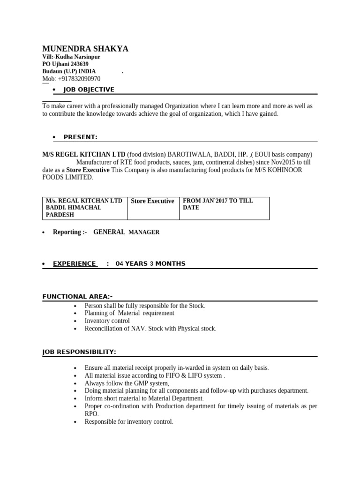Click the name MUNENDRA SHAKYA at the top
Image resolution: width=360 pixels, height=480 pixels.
pyautogui.click(x=85, y=49)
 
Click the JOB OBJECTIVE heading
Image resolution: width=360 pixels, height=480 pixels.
pyautogui.click(x=89, y=90)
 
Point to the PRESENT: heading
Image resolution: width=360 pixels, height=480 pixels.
pyautogui.click(x=80, y=137)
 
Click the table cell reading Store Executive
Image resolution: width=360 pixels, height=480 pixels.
pyautogui.click(x=152, y=201)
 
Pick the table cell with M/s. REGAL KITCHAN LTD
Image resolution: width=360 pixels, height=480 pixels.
pyautogui.click(x=84, y=208)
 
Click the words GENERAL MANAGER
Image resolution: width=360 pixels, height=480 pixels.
pyautogui.click(x=127, y=232)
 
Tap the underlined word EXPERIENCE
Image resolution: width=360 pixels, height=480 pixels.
pyautogui.click(x=74, y=263)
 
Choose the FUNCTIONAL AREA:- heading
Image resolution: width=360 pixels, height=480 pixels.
pyautogui.click(x=77, y=296)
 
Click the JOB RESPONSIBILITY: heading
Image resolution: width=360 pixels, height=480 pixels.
pyautogui.click(x=79, y=352)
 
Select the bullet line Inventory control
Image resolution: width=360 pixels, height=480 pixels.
pyautogui.click(x=107, y=321)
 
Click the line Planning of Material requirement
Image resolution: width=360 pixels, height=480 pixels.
pyautogui.click(x=129, y=313)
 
